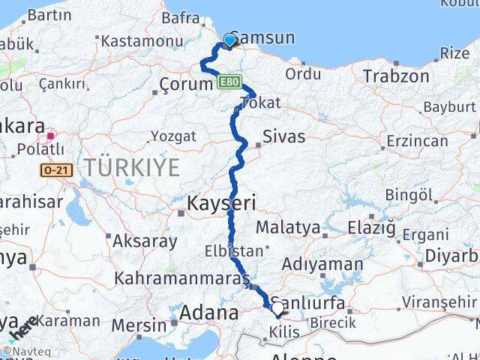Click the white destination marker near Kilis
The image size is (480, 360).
coord(277,308)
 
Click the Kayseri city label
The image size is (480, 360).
coord(221,203)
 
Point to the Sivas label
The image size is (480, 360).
coord(283,136)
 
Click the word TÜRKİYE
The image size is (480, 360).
coord(132,168)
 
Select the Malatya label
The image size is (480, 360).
coord(288,227)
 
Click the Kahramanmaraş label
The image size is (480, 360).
coord(182,278)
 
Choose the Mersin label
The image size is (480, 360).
coord(139,325)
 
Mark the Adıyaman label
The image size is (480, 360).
coord(321,264)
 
